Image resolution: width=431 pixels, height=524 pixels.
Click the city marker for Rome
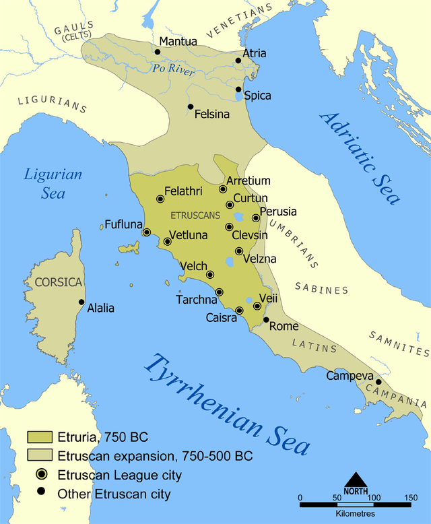pyautogui.click(x=266, y=320)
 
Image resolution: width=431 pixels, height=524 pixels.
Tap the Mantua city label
pyautogui.click(x=178, y=42)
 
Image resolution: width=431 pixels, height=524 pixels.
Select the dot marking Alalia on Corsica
pyautogui.click(x=81, y=302)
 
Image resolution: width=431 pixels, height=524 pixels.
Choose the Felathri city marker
pyautogui.click(x=160, y=199)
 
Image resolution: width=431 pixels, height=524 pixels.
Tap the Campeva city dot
pyautogui.click(x=378, y=382)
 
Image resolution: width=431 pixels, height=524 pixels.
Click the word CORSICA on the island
pyautogui.click(x=59, y=282)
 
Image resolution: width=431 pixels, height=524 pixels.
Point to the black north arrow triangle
pyautogui.click(x=356, y=479)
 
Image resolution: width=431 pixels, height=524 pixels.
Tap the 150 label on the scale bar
pyautogui.click(x=410, y=498)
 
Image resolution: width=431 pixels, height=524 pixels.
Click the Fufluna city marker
pyautogui.click(x=147, y=232)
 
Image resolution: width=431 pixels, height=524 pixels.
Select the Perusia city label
pyautogui.click(x=278, y=211)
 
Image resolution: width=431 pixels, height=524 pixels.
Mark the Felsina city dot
pyautogui.click(x=191, y=106)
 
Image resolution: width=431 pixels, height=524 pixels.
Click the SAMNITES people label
pyautogui.click(x=399, y=342)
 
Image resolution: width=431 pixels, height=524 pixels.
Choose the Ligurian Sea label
pyautogui.click(x=53, y=183)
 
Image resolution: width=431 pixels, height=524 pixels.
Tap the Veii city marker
pyautogui.click(x=257, y=306)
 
